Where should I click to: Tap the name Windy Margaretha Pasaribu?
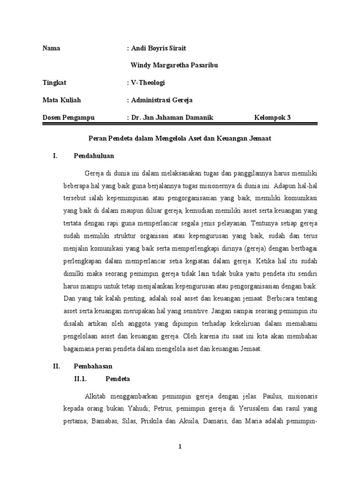tap(173, 65)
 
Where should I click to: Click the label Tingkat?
tap(54, 82)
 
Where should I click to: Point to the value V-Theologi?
tap(148, 82)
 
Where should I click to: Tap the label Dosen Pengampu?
tap(68, 117)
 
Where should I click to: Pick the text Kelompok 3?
tap(272, 117)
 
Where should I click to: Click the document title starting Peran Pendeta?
tap(180, 139)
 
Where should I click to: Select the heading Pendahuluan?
tap(94, 156)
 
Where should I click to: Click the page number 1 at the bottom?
tap(180, 447)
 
